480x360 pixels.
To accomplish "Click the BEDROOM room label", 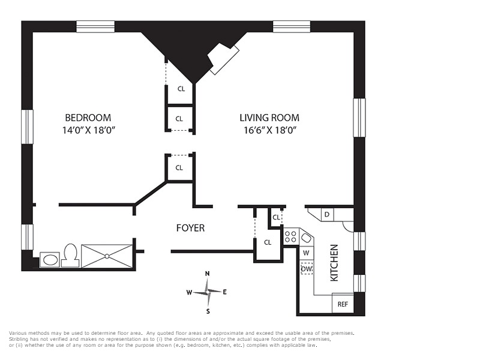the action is tap(88, 118).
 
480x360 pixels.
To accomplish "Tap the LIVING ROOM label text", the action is tap(269, 118).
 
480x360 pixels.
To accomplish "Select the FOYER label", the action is tap(190, 228).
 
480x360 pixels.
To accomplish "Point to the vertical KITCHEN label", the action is tap(334, 263).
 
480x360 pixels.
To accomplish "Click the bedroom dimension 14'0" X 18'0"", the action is tap(88, 130).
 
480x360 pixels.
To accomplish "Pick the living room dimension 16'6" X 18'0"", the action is tap(271, 130).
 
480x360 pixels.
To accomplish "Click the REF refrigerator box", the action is tap(343, 304).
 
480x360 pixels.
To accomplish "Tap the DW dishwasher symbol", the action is tap(307, 269).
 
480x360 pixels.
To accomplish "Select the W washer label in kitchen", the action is tap(306, 253).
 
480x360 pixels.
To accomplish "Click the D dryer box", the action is tap(327, 214).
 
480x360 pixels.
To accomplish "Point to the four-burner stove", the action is tap(290, 236).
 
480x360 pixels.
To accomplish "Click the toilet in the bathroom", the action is tap(71, 256).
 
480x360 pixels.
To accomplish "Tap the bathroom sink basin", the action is tap(50, 260).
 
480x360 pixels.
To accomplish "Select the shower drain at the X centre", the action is tap(107, 256).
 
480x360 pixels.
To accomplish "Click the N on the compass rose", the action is tap(207, 274).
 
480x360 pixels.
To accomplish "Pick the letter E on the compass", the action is tap(224, 292).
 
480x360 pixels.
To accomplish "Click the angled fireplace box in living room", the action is tap(224, 58).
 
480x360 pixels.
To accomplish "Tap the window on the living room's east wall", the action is tap(359, 118).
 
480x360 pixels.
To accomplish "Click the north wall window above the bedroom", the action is tap(95, 26).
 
